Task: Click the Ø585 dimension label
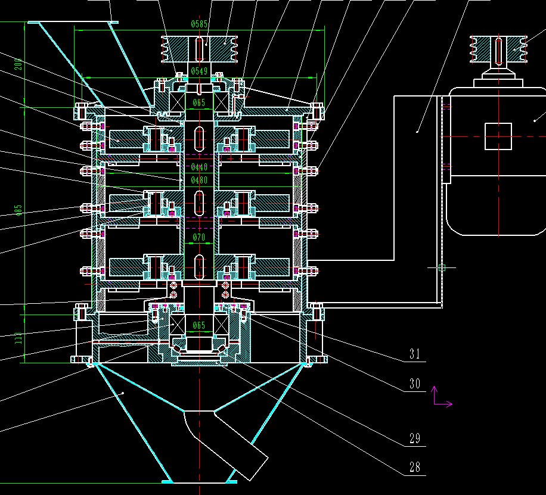(x=199, y=24)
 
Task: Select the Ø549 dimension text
(x=199, y=71)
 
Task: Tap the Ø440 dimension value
(x=199, y=167)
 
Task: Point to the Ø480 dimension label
(x=199, y=179)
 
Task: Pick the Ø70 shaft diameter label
(x=199, y=238)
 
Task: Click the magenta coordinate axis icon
(x=440, y=397)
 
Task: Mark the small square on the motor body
(x=498, y=136)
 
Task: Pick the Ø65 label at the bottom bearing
(x=199, y=325)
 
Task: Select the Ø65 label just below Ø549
(x=199, y=103)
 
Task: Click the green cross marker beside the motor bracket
(x=442, y=267)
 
